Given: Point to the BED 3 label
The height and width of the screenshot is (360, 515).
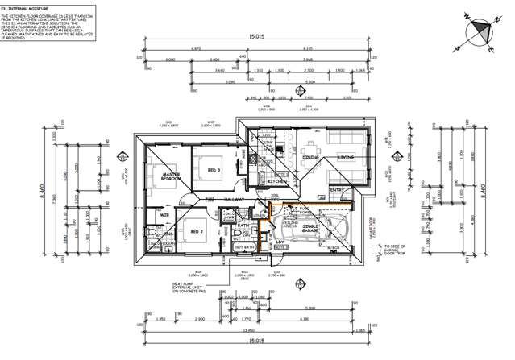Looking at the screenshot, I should (214, 170).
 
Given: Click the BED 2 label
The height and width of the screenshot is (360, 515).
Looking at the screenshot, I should (196, 232).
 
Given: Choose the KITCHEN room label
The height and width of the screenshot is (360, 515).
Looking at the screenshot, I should (278, 182).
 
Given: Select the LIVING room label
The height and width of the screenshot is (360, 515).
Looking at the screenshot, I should (347, 158).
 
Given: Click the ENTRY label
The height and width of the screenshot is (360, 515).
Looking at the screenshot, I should (337, 190).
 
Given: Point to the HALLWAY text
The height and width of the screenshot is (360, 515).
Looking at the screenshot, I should (236, 200).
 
